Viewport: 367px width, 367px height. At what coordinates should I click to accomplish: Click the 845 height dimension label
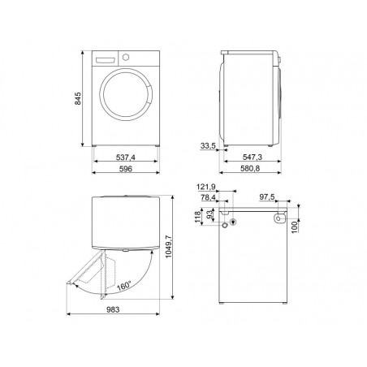[x=78, y=99]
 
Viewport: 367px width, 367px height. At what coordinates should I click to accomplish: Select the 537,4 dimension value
[x=126, y=158]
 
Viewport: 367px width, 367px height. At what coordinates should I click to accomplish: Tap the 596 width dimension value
[x=126, y=169]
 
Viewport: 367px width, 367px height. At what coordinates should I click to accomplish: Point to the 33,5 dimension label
[x=208, y=146]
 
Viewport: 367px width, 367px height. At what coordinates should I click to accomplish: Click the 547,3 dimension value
[x=253, y=157]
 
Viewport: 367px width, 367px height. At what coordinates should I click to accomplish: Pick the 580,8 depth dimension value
[x=250, y=169]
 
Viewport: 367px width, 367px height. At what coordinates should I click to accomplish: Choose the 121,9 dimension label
[x=205, y=187]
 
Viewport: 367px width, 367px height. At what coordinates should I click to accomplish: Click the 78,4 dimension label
[x=208, y=197]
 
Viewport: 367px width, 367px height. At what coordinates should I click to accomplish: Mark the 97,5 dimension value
[x=267, y=197]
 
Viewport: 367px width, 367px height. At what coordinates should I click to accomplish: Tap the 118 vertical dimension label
[x=197, y=217]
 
